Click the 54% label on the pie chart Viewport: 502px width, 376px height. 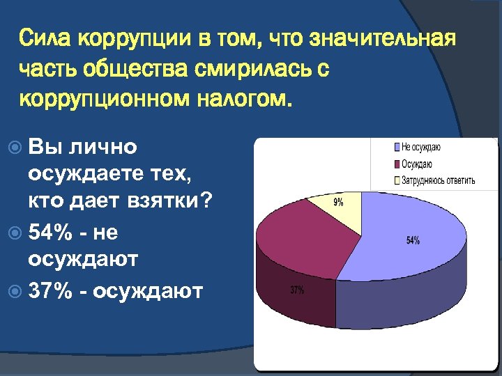point(413,241)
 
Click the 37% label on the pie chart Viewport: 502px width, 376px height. point(297,290)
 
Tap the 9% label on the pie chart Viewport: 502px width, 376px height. point(338,203)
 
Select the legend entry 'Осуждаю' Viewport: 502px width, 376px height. point(416,164)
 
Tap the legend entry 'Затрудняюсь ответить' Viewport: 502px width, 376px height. point(438,181)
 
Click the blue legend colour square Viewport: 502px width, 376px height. point(397,148)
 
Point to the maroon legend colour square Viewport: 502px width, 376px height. point(397,164)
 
